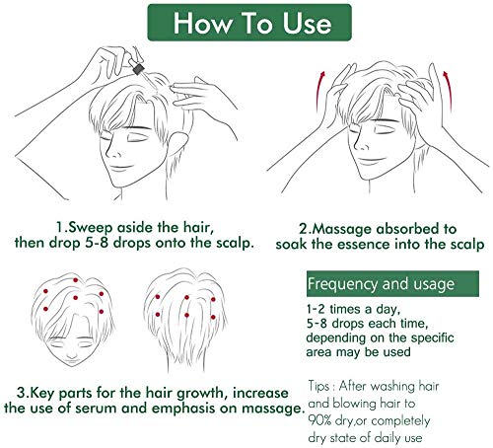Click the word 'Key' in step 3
(58, 388)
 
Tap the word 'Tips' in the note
(323, 384)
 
